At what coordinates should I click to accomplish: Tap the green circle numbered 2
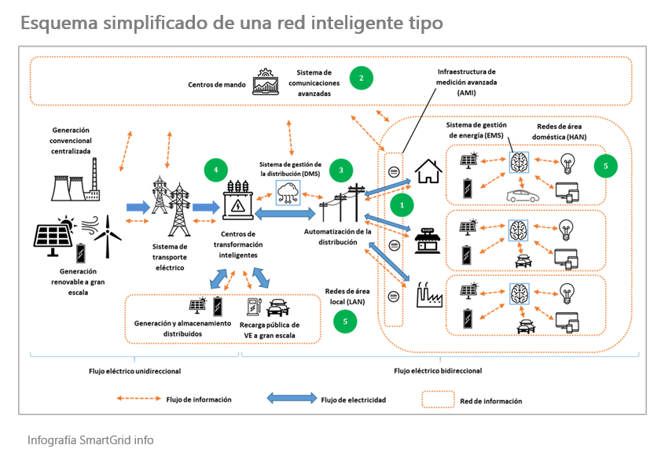click(x=361, y=77)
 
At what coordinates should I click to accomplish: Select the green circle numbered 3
click(x=341, y=169)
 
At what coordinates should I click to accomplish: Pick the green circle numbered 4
click(x=215, y=167)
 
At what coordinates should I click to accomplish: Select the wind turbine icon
click(x=110, y=235)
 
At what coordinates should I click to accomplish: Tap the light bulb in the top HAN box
click(x=566, y=164)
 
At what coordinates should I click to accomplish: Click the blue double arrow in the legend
click(x=292, y=399)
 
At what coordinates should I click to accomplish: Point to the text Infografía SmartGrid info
click(x=90, y=439)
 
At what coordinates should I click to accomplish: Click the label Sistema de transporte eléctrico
click(x=169, y=257)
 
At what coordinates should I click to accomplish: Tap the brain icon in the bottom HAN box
click(x=517, y=289)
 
